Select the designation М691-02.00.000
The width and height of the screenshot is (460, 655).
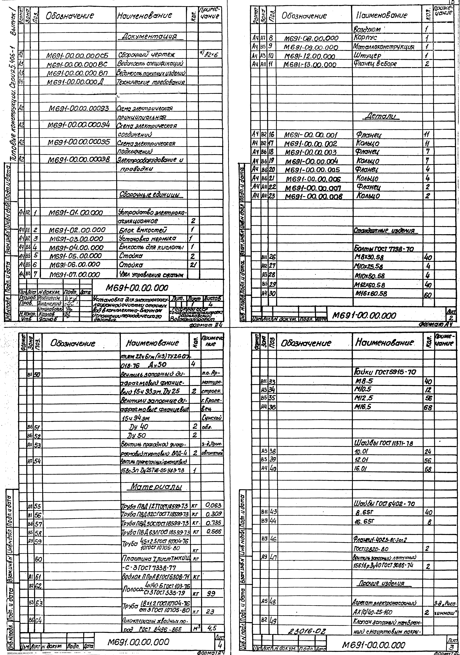(x=77, y=230)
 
